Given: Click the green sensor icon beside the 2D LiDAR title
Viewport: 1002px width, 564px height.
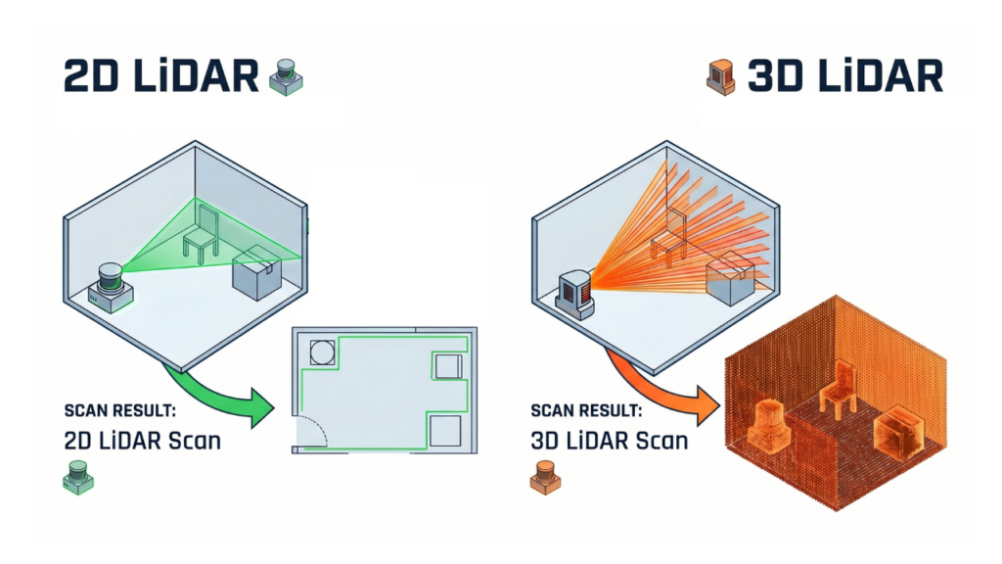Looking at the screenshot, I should tap(286, 77).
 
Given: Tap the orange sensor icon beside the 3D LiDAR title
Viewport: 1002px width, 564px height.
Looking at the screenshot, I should tap(720, 77).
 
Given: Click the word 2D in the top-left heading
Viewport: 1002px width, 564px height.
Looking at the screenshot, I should tap(89, 76).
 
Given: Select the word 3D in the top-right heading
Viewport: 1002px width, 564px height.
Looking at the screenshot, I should tap(773, 76).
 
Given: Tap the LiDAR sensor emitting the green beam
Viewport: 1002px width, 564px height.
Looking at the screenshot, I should tap(112, 286).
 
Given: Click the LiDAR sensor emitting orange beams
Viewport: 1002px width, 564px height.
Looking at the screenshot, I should tap(573, 291).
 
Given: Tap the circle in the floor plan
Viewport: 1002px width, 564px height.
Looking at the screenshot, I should tap(322, 352).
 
